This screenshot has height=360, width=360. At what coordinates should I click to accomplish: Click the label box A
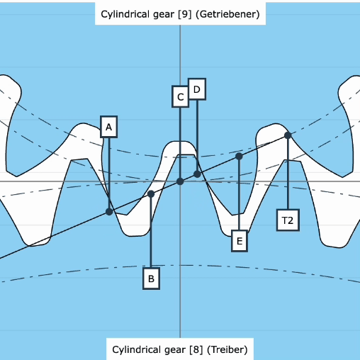[108, 127]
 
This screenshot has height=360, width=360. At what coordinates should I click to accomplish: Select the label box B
[150, 279]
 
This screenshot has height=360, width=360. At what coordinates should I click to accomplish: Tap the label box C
[180, 96]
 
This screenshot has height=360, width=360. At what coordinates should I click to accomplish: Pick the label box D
[197, 88]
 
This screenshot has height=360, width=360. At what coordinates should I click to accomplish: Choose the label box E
[240, 242]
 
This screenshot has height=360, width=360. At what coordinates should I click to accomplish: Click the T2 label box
[288, 220]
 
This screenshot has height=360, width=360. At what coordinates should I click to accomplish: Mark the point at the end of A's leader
[109, 211]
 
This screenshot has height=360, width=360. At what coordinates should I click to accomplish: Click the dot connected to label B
[151, 193]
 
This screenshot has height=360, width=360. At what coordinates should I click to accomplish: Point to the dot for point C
[180, 181]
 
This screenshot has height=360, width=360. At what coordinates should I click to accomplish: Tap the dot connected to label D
[197, 174]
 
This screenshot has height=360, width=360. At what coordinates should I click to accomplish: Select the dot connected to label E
[239, 156]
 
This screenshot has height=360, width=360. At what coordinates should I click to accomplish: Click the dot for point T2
[288, 135]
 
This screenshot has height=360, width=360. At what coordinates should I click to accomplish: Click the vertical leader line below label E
[240, 195]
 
